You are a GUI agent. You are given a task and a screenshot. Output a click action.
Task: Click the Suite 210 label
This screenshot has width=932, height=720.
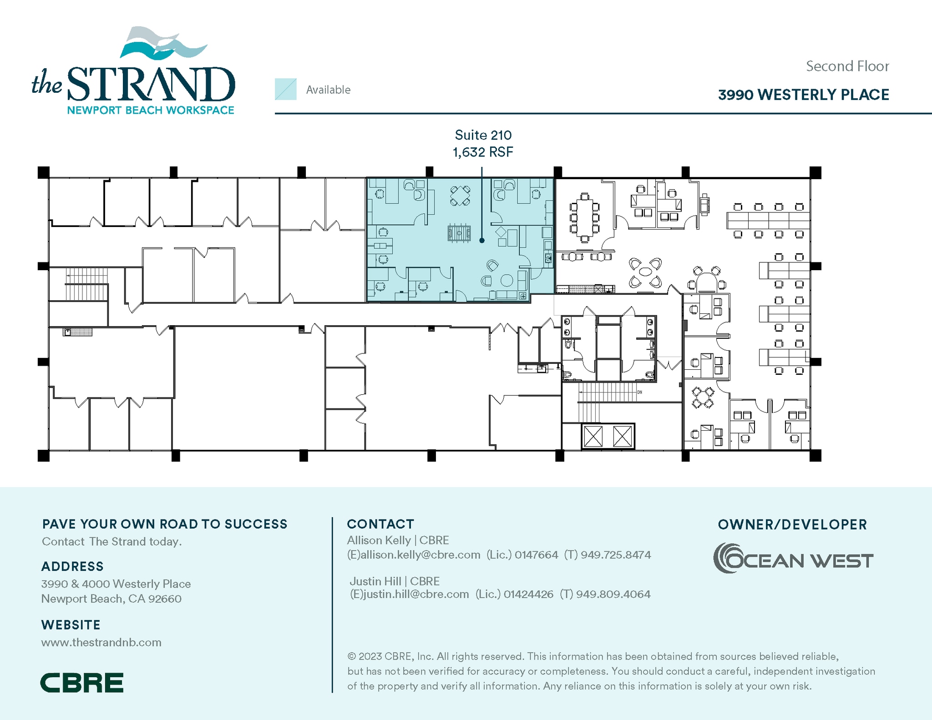(x=483, y=135)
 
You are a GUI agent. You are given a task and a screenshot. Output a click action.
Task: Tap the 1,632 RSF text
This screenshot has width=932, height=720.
(x=483, y=152)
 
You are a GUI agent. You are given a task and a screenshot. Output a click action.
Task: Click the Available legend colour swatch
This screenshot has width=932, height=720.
(x=285, y=89)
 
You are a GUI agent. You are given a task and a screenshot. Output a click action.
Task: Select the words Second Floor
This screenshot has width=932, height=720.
(x=847, y=66)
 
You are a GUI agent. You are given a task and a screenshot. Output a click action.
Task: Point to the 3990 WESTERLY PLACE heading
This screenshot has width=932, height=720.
(x=803, y=95)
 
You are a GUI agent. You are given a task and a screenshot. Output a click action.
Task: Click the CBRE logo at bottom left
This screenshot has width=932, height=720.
(x=82, y=683)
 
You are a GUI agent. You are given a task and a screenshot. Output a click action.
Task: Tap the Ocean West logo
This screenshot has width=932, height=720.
(x=793, y=558)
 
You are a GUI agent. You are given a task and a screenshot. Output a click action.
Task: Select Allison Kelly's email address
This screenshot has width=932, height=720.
(x=414, y=555)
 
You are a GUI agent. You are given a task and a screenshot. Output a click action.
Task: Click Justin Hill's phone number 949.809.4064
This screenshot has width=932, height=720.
(x=613, y=594)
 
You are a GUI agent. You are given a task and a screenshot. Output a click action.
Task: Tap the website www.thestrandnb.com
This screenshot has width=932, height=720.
(x=101, y=642)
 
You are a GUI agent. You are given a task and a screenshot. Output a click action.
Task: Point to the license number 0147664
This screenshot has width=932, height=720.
(x=536, y=555)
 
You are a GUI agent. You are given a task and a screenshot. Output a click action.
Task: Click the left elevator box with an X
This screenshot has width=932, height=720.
(x=593, y=437)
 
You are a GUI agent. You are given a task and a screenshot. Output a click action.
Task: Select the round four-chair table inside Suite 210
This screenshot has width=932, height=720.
(x=460, y=196)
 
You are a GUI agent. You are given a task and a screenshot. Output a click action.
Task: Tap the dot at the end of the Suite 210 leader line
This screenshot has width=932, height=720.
(x=482, y=240)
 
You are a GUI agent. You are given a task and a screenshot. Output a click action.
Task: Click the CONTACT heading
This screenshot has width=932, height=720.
(x=380, y=524)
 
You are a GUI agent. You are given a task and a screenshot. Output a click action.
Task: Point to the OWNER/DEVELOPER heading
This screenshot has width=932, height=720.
(x=792, y=524)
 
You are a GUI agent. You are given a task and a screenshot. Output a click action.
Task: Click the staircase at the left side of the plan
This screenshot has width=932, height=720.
(x=86, y=284)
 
